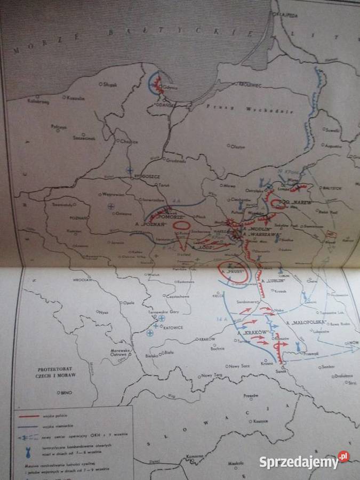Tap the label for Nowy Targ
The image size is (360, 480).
click(x=213, y=375)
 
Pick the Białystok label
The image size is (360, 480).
click(x=347, y=188)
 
